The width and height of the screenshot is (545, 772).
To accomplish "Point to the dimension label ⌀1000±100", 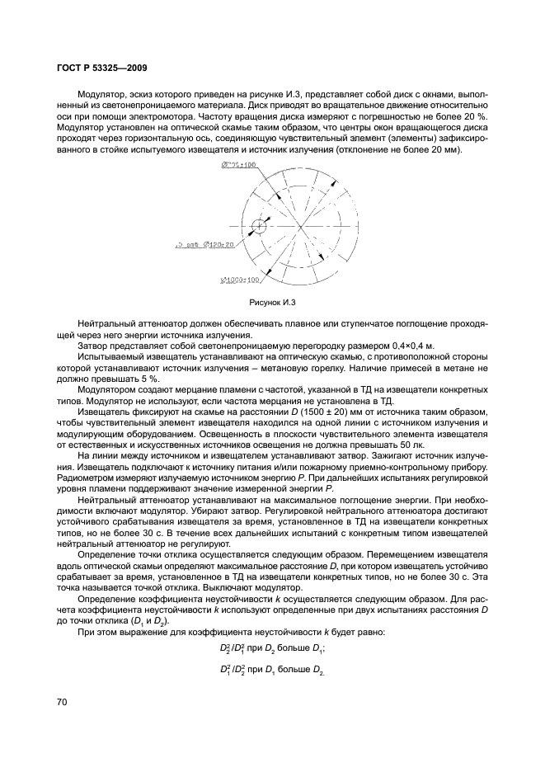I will (x=239, y=280).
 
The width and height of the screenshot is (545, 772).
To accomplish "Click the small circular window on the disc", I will (x=260, y=224).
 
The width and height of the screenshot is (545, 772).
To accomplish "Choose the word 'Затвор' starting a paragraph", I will (x=92, y=345).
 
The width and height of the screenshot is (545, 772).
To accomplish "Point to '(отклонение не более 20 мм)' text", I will (x=398, y=149).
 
